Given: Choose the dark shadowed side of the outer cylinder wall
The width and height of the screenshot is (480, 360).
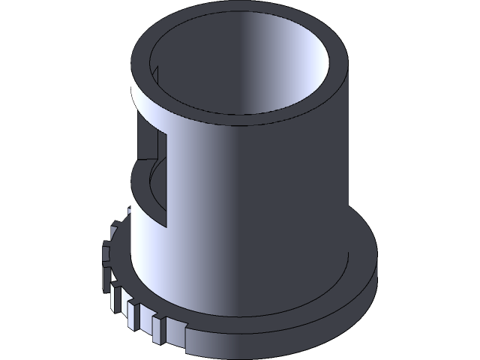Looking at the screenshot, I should click(315, 187).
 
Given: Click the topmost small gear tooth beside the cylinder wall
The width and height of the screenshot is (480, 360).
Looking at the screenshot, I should click(114, 228).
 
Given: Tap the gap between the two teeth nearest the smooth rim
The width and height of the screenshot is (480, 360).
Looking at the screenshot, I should click(166, 328).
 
